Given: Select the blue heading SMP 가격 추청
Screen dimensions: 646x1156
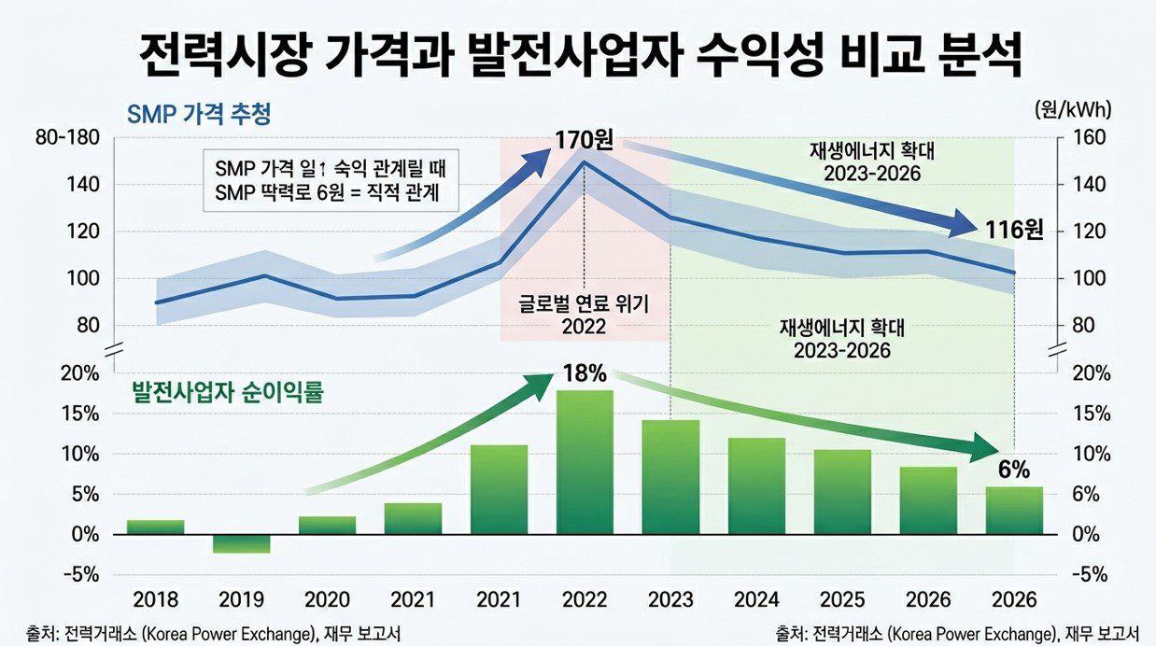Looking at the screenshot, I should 198,115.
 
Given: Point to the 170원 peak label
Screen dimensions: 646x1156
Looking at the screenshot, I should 585,142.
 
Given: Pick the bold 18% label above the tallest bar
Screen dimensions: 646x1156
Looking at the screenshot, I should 585,373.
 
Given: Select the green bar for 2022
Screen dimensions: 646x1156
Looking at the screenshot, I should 585,462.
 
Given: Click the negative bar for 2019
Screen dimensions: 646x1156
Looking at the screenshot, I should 241,543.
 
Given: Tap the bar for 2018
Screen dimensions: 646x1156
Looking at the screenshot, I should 155,527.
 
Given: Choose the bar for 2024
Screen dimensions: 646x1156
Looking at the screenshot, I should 756,485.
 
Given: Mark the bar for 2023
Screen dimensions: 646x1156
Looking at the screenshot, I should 670,477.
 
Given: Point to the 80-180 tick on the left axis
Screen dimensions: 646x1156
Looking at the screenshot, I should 66,138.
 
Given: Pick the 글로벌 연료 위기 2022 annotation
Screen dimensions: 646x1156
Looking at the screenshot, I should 585,316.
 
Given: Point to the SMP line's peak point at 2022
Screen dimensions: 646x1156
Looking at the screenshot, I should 585,161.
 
